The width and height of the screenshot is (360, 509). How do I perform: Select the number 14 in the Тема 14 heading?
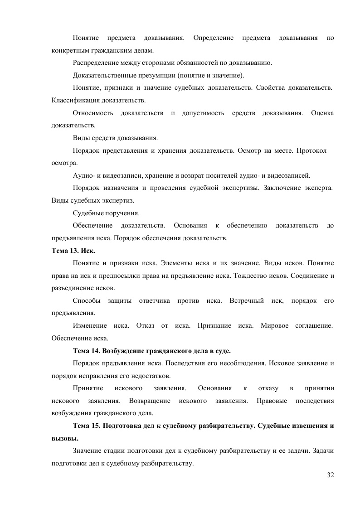coord(95,351)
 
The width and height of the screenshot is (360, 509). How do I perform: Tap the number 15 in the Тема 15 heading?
coord(95,427)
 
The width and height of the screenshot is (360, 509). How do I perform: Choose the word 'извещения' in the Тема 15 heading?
coord(312,427)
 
